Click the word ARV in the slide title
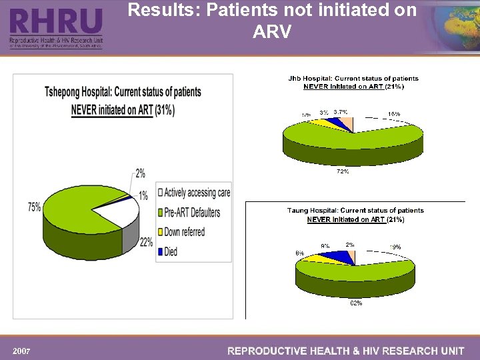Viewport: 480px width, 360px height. click(271, 31)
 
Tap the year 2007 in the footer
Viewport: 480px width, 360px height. click(22, 351)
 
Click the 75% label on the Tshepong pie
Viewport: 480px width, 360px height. click(34, 207)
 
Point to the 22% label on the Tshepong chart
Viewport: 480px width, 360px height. click(147, 243)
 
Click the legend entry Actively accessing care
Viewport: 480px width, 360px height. click(197, 193)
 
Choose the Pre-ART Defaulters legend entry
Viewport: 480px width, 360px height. click(194, 213)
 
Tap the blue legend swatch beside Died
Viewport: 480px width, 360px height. click(160, 252)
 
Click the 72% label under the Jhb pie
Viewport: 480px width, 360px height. click(343, 171)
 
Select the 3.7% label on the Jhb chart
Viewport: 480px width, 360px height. click(340, 112)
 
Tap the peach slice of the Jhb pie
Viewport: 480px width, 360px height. click(348, 123)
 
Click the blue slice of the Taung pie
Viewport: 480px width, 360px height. click(343, 257)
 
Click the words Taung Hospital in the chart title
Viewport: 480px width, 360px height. click(313, 211)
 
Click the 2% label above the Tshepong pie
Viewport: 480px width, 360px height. click(141, 173)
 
